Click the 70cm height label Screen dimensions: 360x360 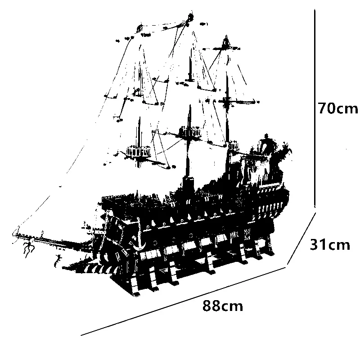(x=337, y=108)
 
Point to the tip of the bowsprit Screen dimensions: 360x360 (x=13, y=234)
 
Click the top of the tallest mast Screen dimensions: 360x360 (x=190, y=17)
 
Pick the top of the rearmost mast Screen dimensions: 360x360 (x=225, y=37)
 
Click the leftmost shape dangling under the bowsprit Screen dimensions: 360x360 (x=28, y=247)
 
